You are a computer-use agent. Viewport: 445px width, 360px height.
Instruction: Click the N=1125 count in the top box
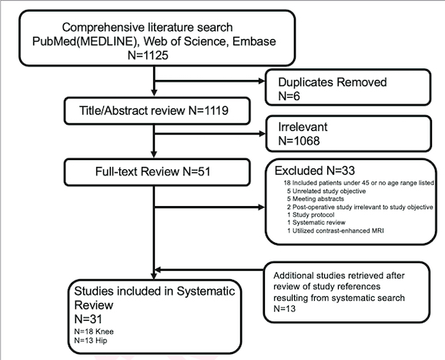coord(148,55)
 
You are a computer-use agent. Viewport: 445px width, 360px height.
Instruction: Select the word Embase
coord(254,42)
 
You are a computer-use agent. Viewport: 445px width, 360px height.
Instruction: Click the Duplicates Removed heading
coord(333,82)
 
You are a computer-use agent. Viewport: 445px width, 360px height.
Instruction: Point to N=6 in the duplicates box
coord(289,96)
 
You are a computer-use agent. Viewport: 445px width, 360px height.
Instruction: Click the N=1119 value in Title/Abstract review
coord(209,111)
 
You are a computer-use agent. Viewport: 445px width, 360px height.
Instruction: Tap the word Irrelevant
coord(303,127)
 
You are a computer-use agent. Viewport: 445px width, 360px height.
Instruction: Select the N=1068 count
coord(299,141)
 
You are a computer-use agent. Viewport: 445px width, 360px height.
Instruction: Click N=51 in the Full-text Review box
coord(196,172)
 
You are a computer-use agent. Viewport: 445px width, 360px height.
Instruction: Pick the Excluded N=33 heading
coord(315,171)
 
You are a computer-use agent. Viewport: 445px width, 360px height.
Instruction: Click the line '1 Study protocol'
coord(311,215)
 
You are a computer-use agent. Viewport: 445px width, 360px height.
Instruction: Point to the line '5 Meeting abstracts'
coord(316,198)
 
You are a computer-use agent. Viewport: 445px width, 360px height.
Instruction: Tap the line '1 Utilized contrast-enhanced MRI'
coord(336,231)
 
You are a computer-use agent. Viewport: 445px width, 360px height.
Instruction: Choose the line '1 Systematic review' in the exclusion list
coord(316,222)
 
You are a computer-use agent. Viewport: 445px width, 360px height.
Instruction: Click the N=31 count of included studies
coord(88,319)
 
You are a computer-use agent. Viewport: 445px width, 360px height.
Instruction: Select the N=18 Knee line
coord(94,332)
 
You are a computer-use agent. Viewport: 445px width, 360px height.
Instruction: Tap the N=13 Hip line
coord(91,341)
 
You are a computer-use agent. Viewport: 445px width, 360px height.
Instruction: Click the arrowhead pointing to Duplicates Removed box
coord(262,82)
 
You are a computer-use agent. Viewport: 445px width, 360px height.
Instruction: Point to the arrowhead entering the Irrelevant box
coord(262,134)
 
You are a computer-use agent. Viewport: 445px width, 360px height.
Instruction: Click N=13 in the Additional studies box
coord(284,308)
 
